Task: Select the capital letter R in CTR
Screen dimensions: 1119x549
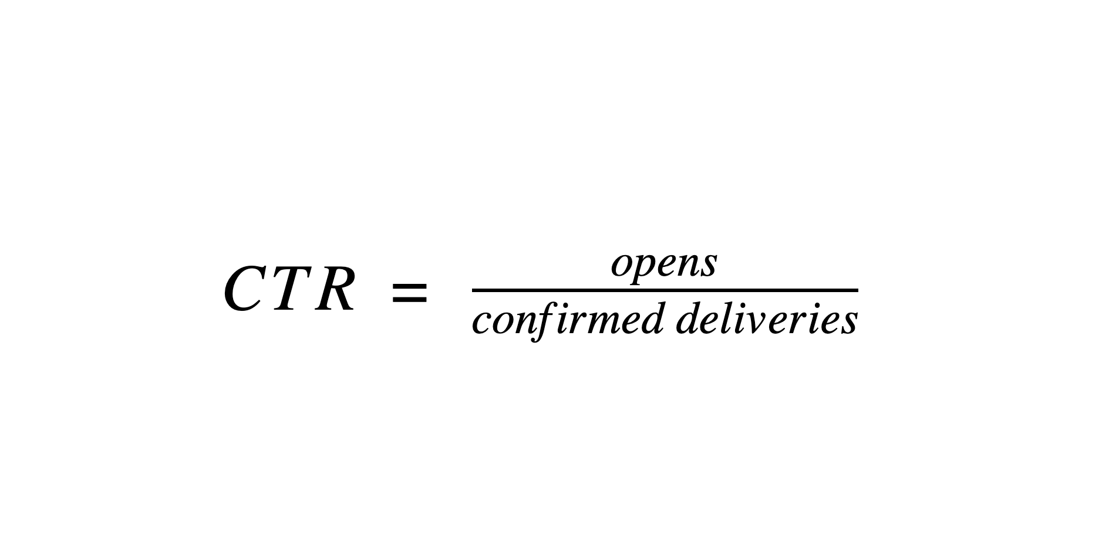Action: pyautogui.click(x=335, y=289)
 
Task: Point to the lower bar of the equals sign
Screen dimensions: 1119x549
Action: pyautogui.click(x=409, y=301)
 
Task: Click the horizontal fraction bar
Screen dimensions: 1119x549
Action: pyautogui.click(x=665, y=290)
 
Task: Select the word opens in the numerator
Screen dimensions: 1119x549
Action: pyautogui.click(x=664, y=266)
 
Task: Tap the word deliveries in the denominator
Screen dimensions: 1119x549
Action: pyautogui.click(x=767, y=320)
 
